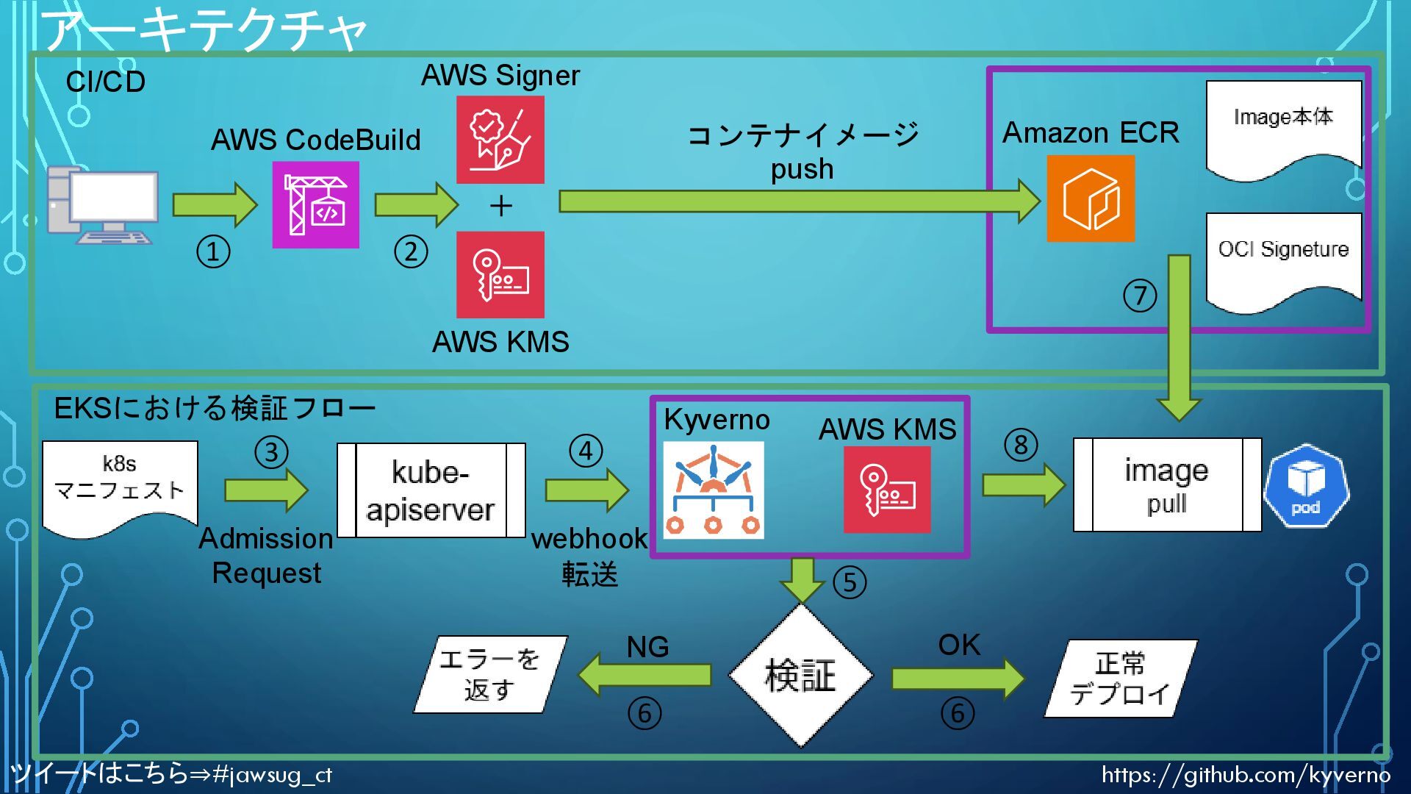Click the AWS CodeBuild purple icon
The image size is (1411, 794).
point(315,205)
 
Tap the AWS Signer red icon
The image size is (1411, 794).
point(500,140)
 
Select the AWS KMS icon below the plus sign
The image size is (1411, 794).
point(500,275)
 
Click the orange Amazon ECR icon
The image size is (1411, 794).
point(1091,198)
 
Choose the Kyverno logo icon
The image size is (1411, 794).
point(713,490)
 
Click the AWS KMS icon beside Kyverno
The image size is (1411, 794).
point(887,490)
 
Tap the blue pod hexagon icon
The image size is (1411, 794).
point(1306,485)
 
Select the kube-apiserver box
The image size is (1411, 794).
point(431,490)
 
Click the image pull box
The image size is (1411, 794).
point(1167,485)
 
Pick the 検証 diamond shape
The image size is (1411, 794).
point(800,675)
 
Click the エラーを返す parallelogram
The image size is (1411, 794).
point(490,674)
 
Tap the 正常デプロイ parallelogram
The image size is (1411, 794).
point(1120,678)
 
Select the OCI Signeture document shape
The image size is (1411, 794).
point(1283,257)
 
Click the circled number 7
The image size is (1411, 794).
point(1140,296)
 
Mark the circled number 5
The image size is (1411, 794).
point(850,583)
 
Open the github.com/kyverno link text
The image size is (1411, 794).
point(1245,774)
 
